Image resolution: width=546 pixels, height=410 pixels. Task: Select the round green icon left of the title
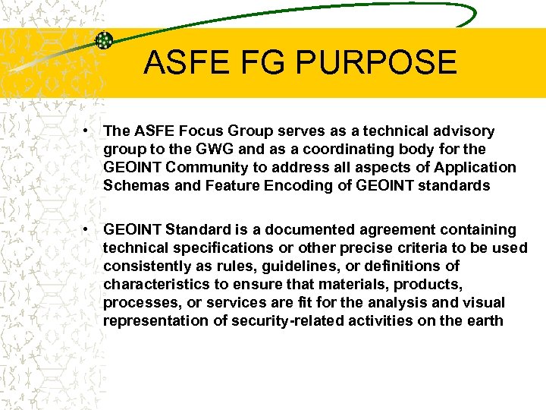tap(105, 40)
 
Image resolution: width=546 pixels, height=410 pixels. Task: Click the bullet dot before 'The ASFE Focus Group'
tap(89, 131)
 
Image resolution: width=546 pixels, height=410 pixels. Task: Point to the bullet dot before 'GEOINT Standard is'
tap(89, 229)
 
